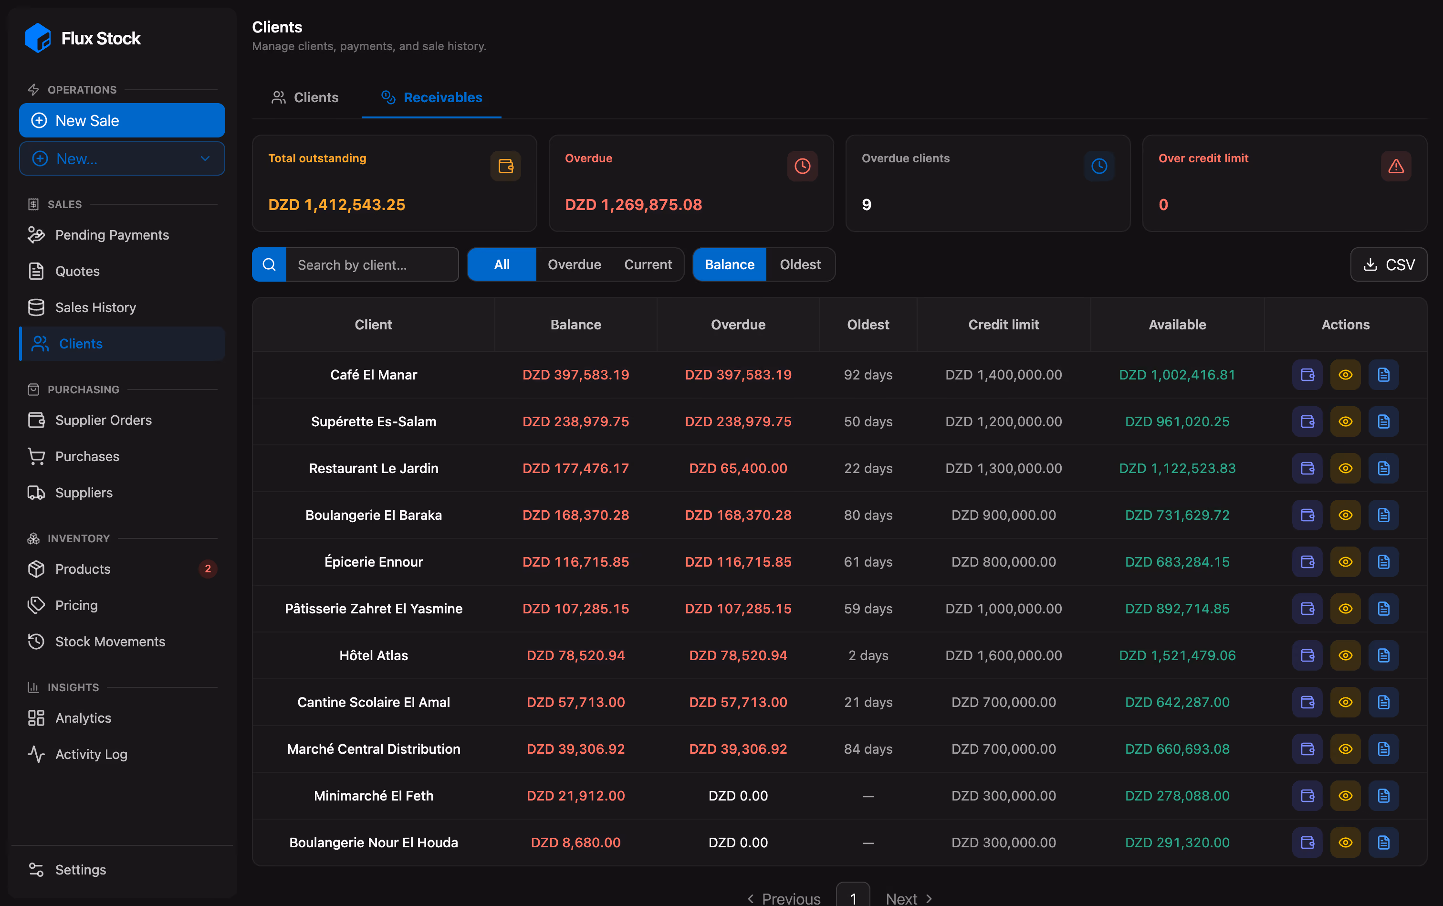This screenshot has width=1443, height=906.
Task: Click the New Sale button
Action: (x=122, y=120)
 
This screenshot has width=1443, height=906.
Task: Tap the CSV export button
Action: (x=1388, y=264)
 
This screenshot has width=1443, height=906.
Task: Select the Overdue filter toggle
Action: (x=574, y=264)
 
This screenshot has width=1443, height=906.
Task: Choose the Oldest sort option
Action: (x=800, y=264)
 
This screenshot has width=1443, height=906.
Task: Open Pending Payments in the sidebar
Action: (x=112, y=235)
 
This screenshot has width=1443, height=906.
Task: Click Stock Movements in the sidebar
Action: (x=110, y=641)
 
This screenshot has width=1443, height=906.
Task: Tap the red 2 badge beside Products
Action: (x=208, y=569)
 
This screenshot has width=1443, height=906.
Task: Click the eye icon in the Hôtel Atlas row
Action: (x=1345, y=655)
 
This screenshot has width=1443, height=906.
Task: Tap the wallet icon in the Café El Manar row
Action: (x=1307, y=375)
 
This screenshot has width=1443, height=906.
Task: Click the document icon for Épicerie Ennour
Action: (x=1383, y=561)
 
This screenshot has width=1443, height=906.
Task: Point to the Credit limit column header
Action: (x=1004, y=324)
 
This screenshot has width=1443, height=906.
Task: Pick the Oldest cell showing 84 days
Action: (x=868, y=748)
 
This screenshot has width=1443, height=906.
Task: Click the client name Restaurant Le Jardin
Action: (x=373, y=468)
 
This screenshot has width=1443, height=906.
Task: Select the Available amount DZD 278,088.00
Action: (x=1177, y=795)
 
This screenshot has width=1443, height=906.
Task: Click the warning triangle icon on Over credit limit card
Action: (x=1396, y=166)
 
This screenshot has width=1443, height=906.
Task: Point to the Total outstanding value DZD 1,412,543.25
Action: (x=336, y=204)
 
